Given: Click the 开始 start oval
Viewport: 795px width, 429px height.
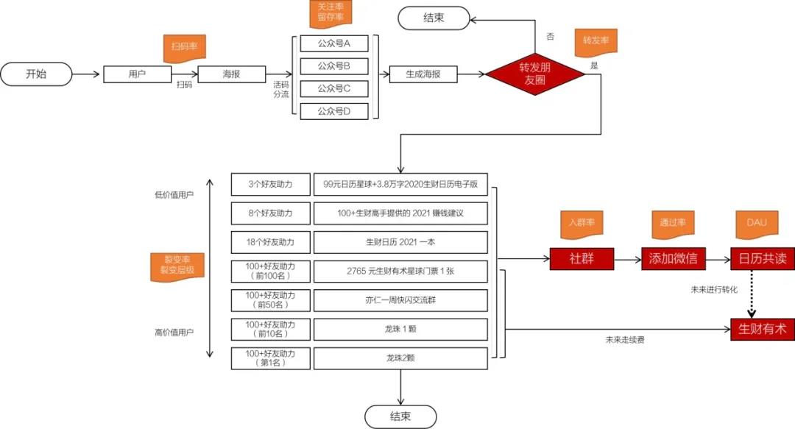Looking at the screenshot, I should pyautogui.click(x=36, y=74).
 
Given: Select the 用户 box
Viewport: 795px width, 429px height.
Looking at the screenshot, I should pyautogui.click(x=137, y=74).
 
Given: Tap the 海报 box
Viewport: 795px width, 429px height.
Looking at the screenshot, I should pyautogui.click(x=232, y=74).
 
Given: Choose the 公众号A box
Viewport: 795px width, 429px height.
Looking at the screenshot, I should pyautogui.click(x=333, y=43).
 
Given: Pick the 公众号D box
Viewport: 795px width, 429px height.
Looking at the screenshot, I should pyautogui.click(x=333, y=111).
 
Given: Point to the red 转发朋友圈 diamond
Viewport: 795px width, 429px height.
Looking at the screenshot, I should pyautogui.click(x=535, y=74).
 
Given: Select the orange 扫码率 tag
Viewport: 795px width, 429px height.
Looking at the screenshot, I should pyautogui.click(x=183, y=46).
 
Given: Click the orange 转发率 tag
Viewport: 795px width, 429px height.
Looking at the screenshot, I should pyautogui.click(x=596, y=40).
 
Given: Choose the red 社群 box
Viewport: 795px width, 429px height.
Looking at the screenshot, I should pyautogui.click(x=582, y=259).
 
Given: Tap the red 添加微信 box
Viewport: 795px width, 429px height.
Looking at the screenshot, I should pyautogui.click(x=674, y=259).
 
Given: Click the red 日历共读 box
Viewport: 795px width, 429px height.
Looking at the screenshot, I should pyautogui.click(x=762, y=259).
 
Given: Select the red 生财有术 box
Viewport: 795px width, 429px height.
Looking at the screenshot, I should pyautogui.click(x=762, y=328).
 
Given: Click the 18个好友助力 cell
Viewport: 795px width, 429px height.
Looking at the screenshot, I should pyautogui.click(x=270, y=242).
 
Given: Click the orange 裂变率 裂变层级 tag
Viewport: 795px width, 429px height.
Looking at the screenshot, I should pyautogui.click(x=177, y=265).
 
